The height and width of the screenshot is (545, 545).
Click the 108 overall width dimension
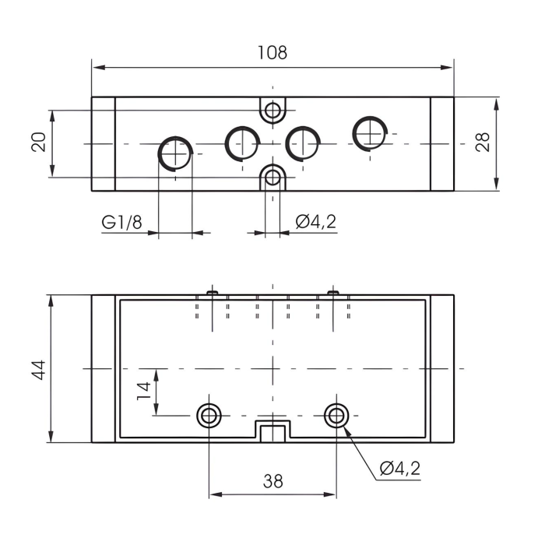(x=272, y=53)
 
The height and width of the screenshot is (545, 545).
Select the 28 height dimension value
(x=483, y=142)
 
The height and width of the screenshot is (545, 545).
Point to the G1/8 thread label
(x=121, y=223)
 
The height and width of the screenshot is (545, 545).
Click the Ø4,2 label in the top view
(x=315, y=223)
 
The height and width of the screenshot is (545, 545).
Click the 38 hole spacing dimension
(x=272, y=481)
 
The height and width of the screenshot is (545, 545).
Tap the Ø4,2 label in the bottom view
(x=400, y=469)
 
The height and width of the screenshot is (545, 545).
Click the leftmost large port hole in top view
(x=176, y=153)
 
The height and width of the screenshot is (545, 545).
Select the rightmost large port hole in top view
(x=370, y=134)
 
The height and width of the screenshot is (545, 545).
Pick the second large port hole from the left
(x=242, y=142)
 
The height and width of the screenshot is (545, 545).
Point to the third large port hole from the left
(x=302, y=142)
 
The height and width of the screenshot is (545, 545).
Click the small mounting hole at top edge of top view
(x=272, y=111)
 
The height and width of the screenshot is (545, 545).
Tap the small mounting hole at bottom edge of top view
(x=272, y=177)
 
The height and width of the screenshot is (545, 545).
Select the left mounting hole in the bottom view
(x=209, y=415)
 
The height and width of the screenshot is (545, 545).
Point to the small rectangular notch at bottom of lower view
(x=272, y=431)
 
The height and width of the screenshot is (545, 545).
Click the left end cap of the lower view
(x=104, y=368)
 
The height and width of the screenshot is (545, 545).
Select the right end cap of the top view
(x=441, y=144)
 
